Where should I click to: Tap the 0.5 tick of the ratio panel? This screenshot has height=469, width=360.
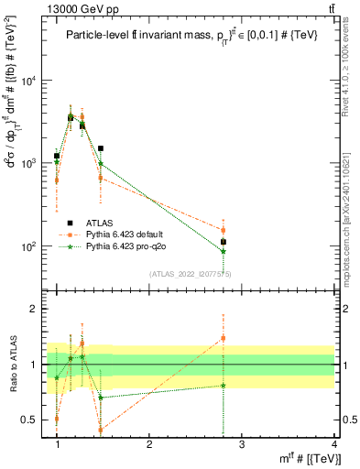pyautogui.click(x=30, y=420)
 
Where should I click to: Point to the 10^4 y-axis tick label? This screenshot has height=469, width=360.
pyautogui.click(x=28, y=81)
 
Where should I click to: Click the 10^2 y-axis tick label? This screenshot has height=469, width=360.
pyautogui.click(x=28, y=246)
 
